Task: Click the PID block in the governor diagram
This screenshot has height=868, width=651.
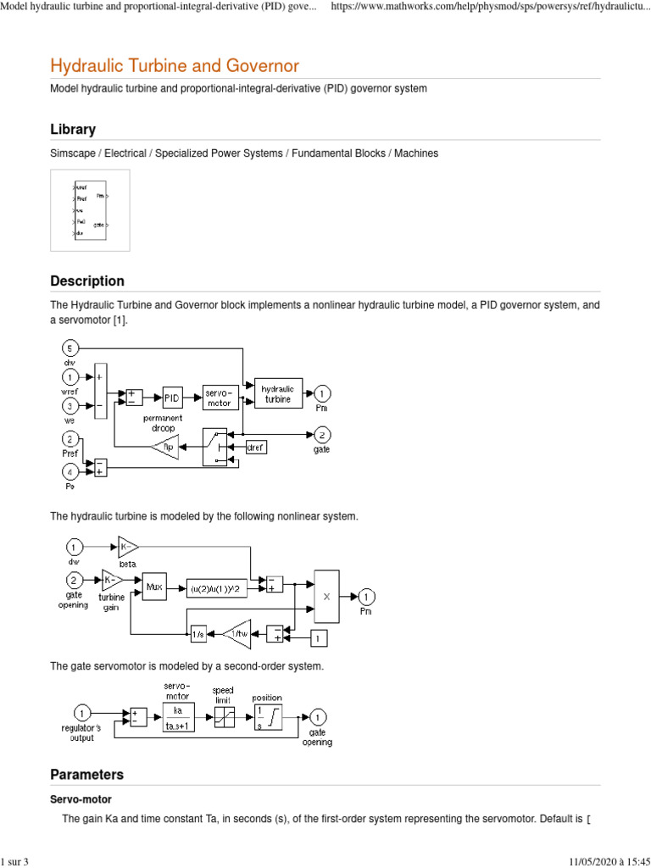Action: click(172, 397)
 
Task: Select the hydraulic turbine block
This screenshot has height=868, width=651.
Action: click(278, 393)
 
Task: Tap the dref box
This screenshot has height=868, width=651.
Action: click(256, 446)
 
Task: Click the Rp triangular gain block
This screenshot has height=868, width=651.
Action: click(167, 446)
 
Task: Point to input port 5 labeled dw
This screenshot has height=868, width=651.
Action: click(71, 348)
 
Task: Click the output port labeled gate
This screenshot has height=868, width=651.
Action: click(321, 435)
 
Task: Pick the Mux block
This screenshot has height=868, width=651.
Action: click(154, 586)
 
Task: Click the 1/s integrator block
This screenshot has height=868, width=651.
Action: click(198, 633)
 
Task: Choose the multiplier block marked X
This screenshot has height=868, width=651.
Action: click(326, 596)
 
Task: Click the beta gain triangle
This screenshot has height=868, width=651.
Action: click(128, 548)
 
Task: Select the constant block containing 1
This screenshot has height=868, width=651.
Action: click(317, 637)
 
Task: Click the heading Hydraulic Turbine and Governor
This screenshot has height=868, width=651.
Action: click(175, 65)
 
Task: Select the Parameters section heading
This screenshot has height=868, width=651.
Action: click(86, 775)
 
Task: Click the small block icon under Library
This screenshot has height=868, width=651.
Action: click(90, 210)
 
